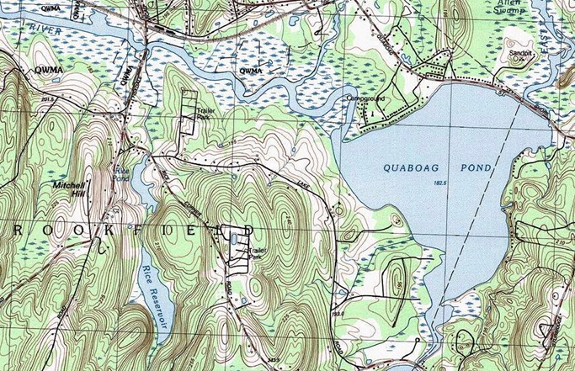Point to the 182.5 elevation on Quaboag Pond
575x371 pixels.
[439, 183]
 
